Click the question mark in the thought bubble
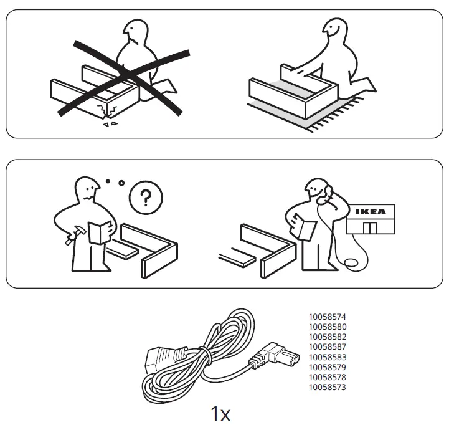tap(145, 199)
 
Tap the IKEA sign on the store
tap(370, 211)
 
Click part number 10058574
tap(327, 317)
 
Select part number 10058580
tap(327, 327)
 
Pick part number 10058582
tap(327, 337)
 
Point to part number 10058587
tap(327, 346)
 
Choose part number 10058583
tap(327, 357)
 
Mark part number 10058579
tap(327, 367)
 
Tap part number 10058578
tap(327, 377)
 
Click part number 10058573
tap(327, 387)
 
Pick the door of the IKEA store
tap(370, 228)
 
